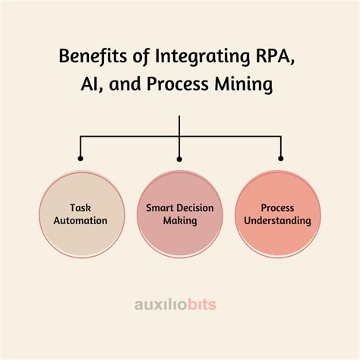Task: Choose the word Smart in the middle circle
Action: [159, 207]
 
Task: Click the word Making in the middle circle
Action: [180, 220]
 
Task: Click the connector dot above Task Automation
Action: [80, 158]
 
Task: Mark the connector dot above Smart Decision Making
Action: [180, 158]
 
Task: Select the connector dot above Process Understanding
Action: [280, 158]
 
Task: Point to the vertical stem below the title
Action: [180, 125]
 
